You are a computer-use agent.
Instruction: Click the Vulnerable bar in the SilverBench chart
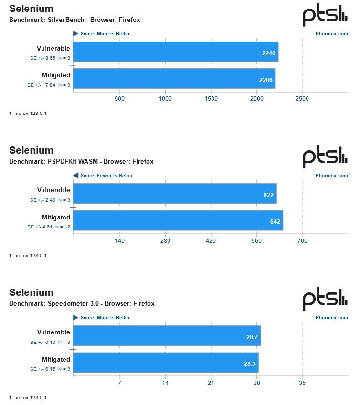[x=175, y=52]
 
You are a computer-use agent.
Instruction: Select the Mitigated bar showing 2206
[x=174, y=79]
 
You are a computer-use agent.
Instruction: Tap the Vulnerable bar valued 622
[x=174, y=194]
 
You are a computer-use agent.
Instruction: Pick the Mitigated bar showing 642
[x=178, y=220]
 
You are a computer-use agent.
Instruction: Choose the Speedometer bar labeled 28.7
[x=167, y=336]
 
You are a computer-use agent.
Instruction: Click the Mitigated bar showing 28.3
[x=165, y=363]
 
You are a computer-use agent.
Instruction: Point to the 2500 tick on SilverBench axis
[x=302, y=99]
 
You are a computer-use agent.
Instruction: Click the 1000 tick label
[x=165, y=99]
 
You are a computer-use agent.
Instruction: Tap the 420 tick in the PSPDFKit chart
[x=211, y=241]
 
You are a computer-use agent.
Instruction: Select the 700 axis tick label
[x=302, y=241]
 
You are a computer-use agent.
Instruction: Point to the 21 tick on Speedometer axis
[x=211, y=383]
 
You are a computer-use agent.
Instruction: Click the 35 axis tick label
[x=302, y=383]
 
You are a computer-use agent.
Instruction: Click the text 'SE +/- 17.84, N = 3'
[x=49, y=85]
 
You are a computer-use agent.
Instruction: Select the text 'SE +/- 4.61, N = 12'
[x=49, y=227]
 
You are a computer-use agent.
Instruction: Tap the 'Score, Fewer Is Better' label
[x=106, y=176]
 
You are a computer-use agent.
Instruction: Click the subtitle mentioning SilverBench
[x=74, y=20]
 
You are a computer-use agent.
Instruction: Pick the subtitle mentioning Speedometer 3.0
[x=82, y=303]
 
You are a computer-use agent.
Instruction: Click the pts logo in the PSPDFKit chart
[x=325, y=157]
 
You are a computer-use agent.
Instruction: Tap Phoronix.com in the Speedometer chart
[x=332, y=317]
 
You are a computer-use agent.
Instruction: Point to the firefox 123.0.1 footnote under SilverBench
[x=27, y=113]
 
